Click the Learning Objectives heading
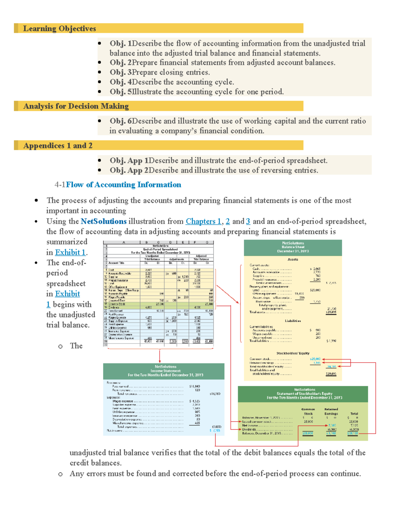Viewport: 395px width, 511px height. tap(59, 29)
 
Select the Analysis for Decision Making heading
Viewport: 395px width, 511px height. tap(76, 106)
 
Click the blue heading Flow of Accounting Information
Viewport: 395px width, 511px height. tap(123, 185)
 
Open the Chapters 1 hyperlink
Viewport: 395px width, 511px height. tap(203, 221)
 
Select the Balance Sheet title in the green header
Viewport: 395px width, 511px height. tap(293, 247)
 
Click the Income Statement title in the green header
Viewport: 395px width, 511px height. tap(165, 371)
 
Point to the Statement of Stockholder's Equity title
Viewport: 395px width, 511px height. tap(304, 394)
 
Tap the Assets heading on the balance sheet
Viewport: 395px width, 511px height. tap(293, 259)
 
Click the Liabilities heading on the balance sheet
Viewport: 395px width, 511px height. tap(293, 321)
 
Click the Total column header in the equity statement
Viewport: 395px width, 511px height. tap(354, 414)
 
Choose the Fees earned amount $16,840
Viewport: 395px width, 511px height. tap(195, 386)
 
